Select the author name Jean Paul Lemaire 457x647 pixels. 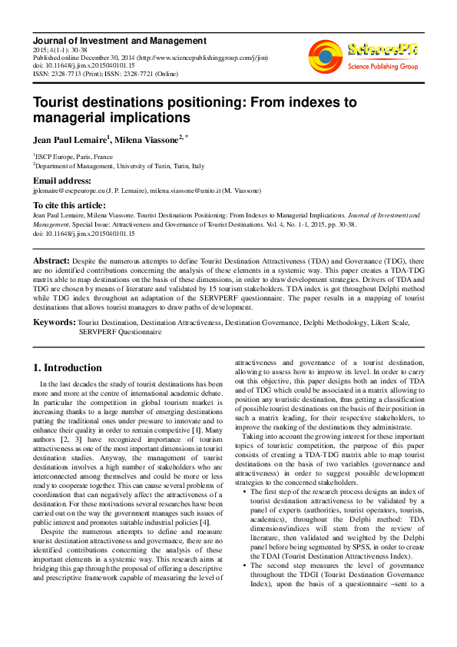[x=70, y=140]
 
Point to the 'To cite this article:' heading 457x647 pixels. [x=70, y=205]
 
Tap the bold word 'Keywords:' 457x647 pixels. [x=54, y=322]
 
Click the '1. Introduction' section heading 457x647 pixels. [x=68, y=368]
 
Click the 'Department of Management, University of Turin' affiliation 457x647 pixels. [x=115, y=165]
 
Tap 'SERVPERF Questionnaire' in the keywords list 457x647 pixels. [x=120, y=333]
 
